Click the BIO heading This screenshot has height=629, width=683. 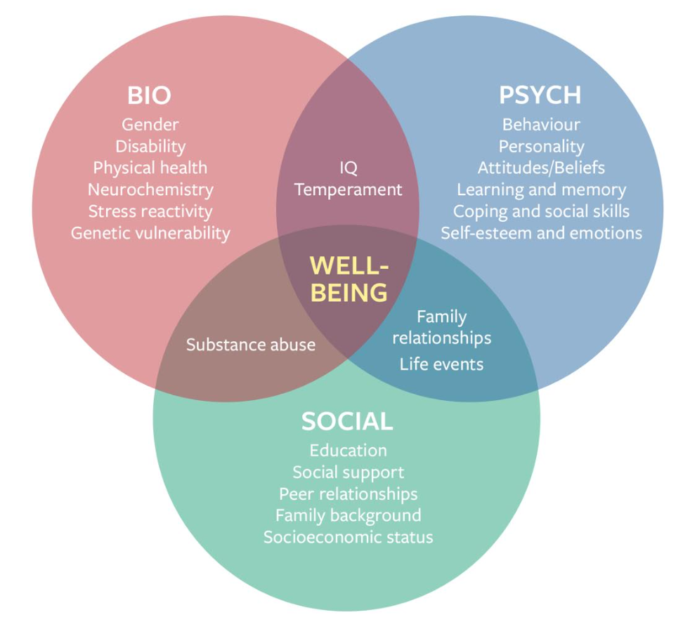[149, 95]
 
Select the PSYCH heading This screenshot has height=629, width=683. [540, 95]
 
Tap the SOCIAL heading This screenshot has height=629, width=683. [347, 421]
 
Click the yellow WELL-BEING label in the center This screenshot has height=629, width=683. [349, 279]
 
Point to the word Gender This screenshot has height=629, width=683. [150, 125]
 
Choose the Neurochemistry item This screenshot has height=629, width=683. [150, 190]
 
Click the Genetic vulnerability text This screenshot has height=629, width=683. [150, 234]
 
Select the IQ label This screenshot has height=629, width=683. [349, 168]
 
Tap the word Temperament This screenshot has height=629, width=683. [349, 190]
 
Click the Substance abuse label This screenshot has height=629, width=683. [251, 345]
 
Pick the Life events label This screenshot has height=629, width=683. [442, 364]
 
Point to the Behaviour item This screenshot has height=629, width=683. [542, 125]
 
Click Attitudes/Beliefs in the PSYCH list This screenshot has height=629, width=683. [542, 168]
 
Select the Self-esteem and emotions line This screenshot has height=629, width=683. [542, 233]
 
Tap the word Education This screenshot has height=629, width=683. [349, 451]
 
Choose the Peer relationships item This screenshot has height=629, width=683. [349, 494]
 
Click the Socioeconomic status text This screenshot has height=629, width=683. [349, 538]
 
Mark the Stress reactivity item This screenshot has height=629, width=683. [150, 212]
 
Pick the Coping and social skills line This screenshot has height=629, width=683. [542, 212]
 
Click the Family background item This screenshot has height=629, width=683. [349, 516]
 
